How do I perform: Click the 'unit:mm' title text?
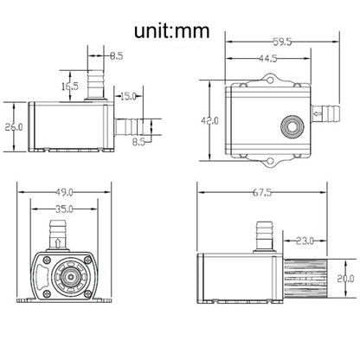point(171,31)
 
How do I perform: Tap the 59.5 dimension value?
point(282,42)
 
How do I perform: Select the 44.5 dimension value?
point(268,59)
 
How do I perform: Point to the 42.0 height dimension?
point(210,121)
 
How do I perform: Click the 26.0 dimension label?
point(14,127)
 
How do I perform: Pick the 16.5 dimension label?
point(70,86)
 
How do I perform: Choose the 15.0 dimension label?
point(128,96)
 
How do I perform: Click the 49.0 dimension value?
point(64,192)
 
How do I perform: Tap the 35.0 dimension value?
point(64,209)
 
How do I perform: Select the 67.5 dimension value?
point(262,192)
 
